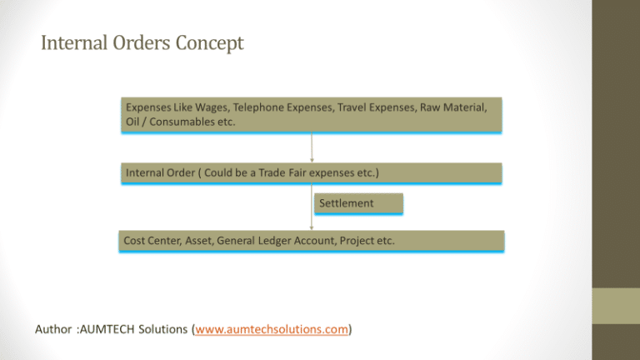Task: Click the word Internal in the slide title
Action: point(74,42)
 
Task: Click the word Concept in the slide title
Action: point(209,43)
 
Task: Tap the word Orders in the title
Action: point(141,42)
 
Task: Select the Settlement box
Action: point(358,203)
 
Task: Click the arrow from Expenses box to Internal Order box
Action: point(312,147)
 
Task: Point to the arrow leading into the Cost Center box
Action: point(312,207)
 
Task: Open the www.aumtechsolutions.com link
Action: point(272,329)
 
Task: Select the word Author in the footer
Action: point(54,329)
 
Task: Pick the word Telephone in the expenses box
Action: point(258,107)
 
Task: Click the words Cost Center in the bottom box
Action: point(152,240)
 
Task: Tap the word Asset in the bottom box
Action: point(199,240)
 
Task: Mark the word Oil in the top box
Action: point(132,122)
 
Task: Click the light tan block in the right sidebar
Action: point(616,306)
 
